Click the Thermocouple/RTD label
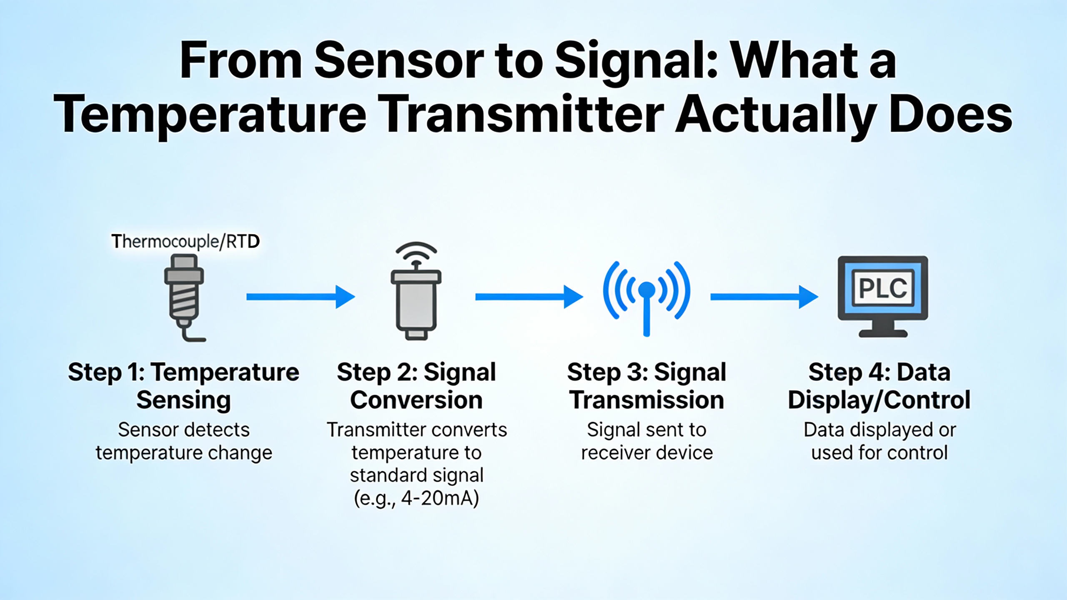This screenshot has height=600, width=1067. (185, 241)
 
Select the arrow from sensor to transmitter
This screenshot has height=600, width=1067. (301, 297)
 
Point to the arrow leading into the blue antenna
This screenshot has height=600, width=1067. (529, 297)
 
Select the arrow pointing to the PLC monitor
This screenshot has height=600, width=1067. (764, 297)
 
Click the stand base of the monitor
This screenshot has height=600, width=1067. (883, 333)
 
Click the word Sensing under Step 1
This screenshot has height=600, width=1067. (184, 400)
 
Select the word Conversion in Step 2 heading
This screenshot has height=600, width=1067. (416, 400)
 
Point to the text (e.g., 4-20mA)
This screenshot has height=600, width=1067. (416, 498)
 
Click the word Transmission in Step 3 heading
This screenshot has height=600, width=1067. (647, 400)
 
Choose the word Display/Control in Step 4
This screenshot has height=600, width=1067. (879, 400)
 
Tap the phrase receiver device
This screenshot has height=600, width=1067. (647, 452)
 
